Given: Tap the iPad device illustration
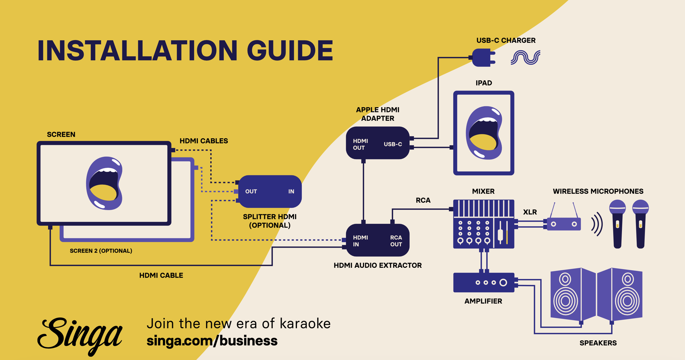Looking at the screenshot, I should pyautogui.click(x=484, y=133).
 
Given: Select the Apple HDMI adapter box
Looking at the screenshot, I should pyautogui.click(x=377, y=143).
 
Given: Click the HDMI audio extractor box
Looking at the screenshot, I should pyautogui.click(x=377, y=240).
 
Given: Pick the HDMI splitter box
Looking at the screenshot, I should pyautogui.click(x=270, y=191).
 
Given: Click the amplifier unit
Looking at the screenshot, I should pyautogui.click(x=484, y=282).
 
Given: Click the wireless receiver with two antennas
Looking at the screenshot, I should pyautogui.click(x=564, y=224).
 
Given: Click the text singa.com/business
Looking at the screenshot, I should pyautogui.click(x=212, y=341).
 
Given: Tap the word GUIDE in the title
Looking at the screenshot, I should pyautogui.click(x=289, y=50).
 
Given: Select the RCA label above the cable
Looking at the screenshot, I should pyautogui.click(x=423, y=200).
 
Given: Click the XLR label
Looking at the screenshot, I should pyautogui.click(x=530, y=212).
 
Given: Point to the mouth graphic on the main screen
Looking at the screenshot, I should pyautogui.click(x=104, y=183).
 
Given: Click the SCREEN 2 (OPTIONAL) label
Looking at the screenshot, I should pyautogui.click(x=101, y=251).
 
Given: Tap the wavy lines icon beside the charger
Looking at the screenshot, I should pyautogui.click(x=525, y=57).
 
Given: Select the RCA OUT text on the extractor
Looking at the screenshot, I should pyautogui.click(x=396, y=241).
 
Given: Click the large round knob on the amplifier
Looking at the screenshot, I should pyautogui.click(x=503, y=282).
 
